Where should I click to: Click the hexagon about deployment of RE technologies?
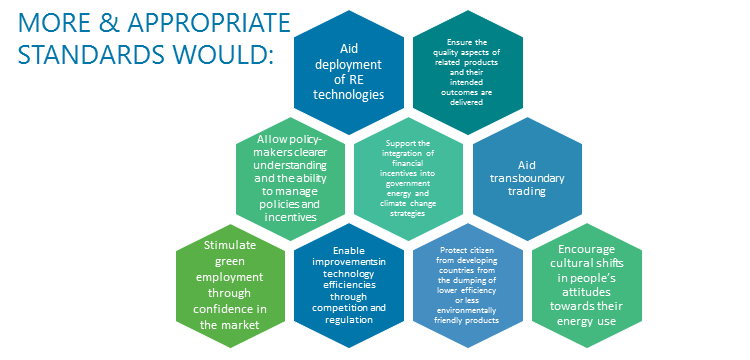pyautogui.click(x=349, y=72)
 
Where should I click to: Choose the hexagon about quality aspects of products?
pyautogui.click(x=468, y=72)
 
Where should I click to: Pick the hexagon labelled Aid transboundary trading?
pyautogui.click(x=528, y=179)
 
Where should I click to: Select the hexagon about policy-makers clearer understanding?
pyautogui.click(x=291, y=179)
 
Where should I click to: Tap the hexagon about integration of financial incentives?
pyautogui.click(x=408, y=179)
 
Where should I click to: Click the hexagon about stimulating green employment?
pyautogui.click(x=230, y=285)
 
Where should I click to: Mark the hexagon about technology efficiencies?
pyautogui.click(x=349, y=285)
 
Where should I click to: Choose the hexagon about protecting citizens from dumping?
pyautogui.click(x=468, y=285)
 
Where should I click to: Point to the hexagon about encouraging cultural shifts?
pyautogui.click(x=586, y=285)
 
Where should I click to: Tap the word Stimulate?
pyautogui.click(x=230, y=245)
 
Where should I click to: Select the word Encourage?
pyautogui.click(x=586, y=249)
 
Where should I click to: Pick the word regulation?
pyautogui.click(x=349, y=319)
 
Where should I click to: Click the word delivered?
pyautogui.click(x=467, y=102)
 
